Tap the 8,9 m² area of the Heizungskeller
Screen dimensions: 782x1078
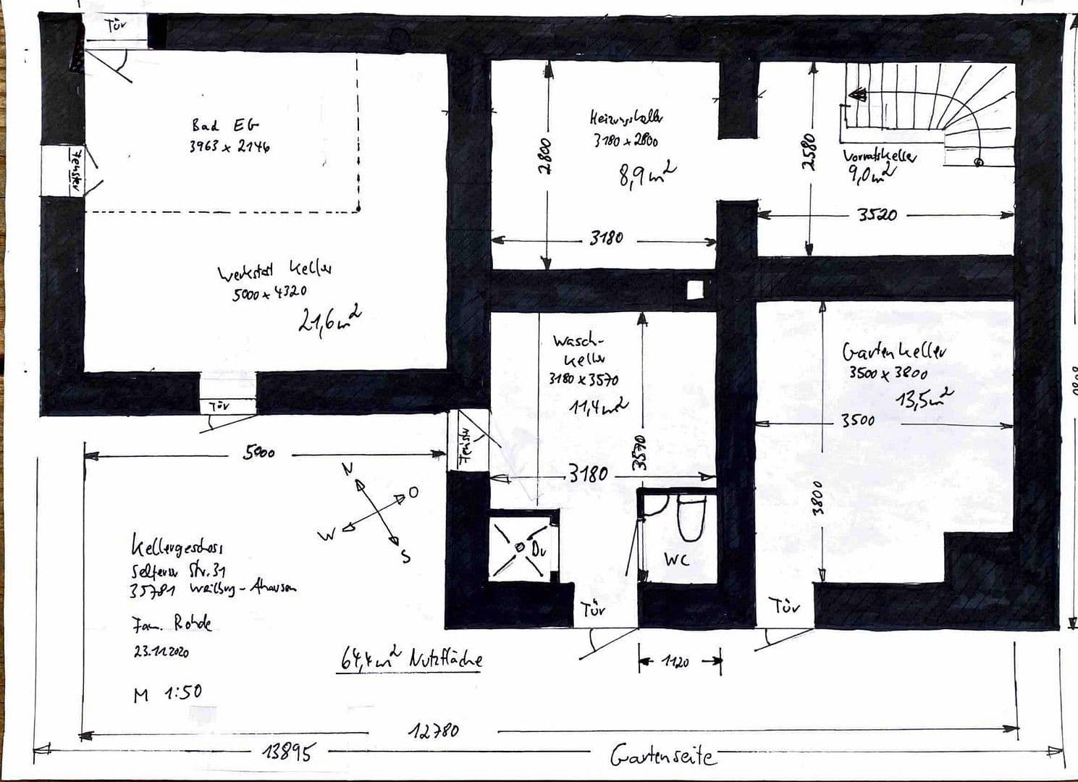pos(647,175)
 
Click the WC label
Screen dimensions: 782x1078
pos(676,559)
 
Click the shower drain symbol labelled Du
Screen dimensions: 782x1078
pos(521,547)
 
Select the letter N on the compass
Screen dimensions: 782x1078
pos(348,468)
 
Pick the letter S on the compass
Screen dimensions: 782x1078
pos(405,557)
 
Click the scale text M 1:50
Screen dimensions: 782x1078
pos(167,694)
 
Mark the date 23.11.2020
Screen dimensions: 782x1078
pos(161,651)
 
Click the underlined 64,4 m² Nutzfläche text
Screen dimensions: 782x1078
pos(410,659)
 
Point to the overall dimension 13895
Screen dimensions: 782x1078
pos(289,752)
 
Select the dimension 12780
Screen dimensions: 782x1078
pos(434,731)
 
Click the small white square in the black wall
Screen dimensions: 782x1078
pos(694,290)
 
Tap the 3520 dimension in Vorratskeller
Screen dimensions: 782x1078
pos(877,215)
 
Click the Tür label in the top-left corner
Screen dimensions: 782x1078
pos(116,27)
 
